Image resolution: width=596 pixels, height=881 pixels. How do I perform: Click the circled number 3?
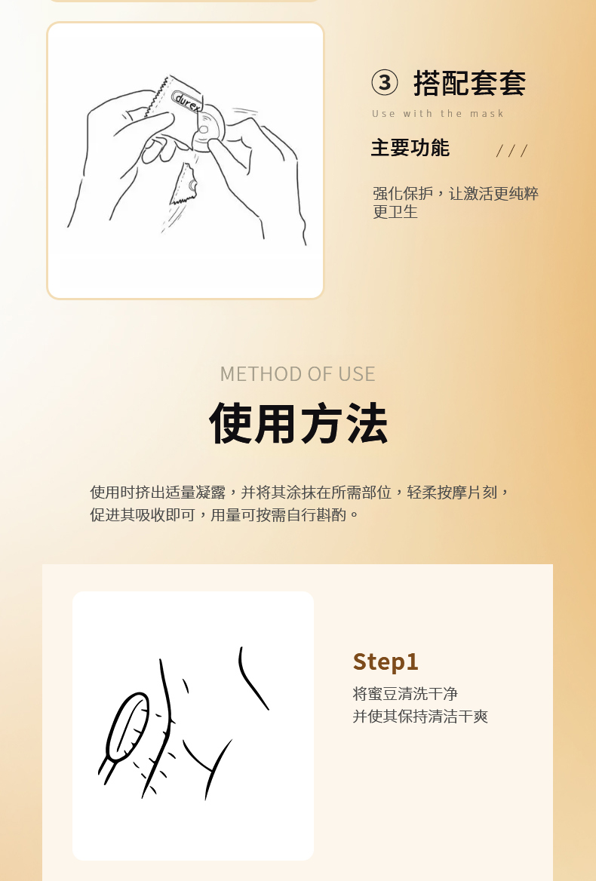tap(384, 83)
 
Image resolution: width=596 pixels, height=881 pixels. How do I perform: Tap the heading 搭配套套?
tap(469, 83)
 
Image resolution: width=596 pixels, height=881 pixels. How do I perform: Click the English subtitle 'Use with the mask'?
tap(438, 113)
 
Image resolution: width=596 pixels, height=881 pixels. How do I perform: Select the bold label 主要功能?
tap(410, 148)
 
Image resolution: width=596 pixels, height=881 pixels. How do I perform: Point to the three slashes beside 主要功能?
tap(512, 151)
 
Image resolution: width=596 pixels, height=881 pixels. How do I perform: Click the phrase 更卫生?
tap(395, 212)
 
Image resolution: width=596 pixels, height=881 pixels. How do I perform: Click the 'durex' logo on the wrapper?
tap(188, 102)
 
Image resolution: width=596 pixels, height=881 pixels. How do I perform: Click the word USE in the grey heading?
tap(357, 373)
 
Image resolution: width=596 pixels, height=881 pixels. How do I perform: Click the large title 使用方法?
tap(298, 423)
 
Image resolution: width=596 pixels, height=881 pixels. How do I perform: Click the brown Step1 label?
tap(386, 662)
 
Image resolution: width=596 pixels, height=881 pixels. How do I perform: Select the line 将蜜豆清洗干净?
tap(405, 694)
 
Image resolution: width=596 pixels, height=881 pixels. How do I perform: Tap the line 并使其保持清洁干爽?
tap(420, 717)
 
